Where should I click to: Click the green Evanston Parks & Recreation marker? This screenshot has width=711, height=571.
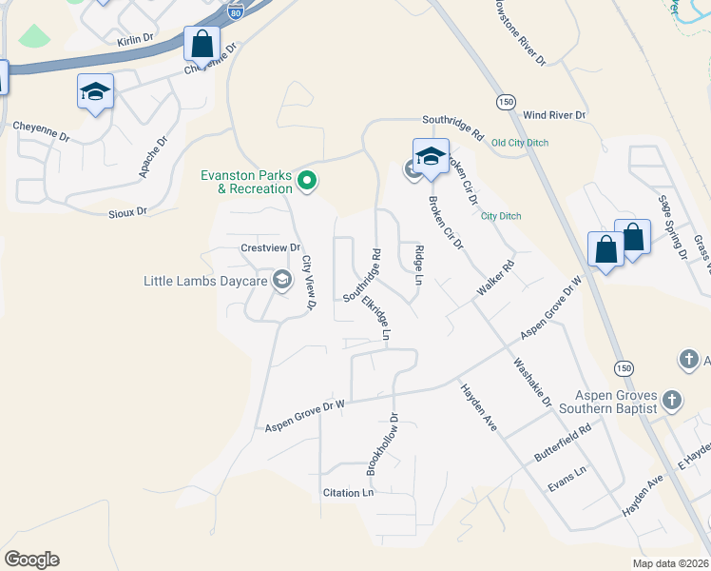(x=307, y=179)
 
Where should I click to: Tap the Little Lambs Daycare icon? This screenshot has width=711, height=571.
(x=281, y=280)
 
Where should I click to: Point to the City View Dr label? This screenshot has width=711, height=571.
(x=308, y=283)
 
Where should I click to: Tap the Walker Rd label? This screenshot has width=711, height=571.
(x=496, y=277)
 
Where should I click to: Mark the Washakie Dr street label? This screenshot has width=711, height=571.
(x=532, y=382)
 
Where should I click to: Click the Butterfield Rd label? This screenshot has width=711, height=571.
(x=563, y=443)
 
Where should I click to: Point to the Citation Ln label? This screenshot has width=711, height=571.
(x=348, y=493)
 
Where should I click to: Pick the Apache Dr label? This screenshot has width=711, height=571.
(x=153, y=156)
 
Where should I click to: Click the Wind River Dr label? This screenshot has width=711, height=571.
(x=554, y=115)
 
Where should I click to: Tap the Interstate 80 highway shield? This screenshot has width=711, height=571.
(x=233, y=10)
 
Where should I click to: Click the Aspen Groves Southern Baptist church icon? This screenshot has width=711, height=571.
(x=671, y=400)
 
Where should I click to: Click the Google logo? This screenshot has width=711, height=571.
(x=31, y=560)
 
